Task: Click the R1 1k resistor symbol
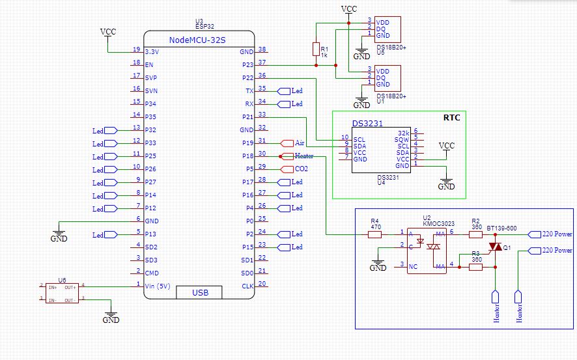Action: pyautogui.click(x=316, y=49)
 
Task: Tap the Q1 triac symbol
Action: pyautogui.click(x=496, y=247)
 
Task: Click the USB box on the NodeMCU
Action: pyautogui.click(x=200, y=293)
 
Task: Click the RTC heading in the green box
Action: pyautogui.click(x=451, y=118)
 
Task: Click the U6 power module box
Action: pyautogui.click(x=63, y=292)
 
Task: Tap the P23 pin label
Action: pyautogui.click(x=247, y=64)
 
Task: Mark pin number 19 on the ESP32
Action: pyautogui.click(x=136, y=49)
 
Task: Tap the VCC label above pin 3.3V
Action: pyautogui.click(x=108, y=32)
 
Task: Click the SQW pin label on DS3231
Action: pyautogui.click(x=401, y=139)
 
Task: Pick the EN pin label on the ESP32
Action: pyautogui.click(x=149, y=64)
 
